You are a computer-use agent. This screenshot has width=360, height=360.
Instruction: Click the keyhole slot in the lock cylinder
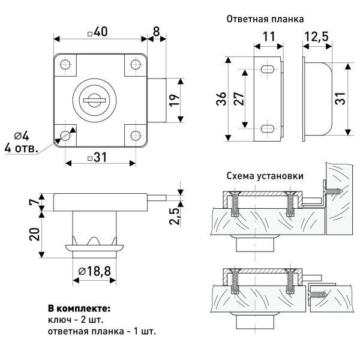click(97, 97)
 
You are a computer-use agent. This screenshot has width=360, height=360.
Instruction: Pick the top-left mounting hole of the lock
click(65, 64)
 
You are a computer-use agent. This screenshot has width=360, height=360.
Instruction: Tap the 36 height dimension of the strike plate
click(221, 101)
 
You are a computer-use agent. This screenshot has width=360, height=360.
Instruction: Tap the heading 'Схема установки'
click(265, 176)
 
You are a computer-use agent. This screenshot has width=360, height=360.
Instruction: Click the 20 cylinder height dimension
click(35, 232)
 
